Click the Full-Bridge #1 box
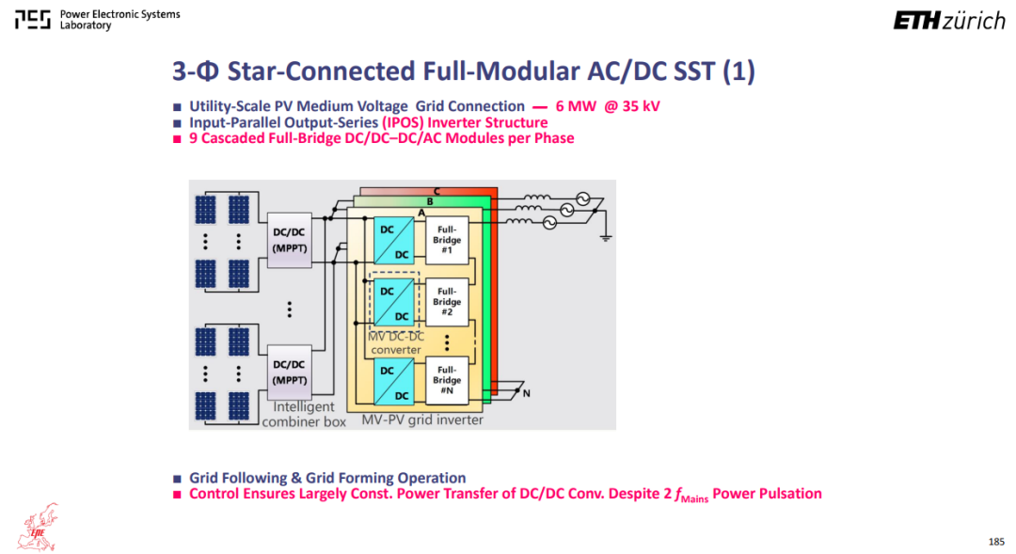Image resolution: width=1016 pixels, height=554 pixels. [447, 240]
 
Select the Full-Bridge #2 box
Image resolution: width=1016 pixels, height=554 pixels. [447, 302]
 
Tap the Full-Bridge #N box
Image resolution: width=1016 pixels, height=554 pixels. [447, 380]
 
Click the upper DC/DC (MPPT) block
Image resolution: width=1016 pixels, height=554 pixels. [289, 240]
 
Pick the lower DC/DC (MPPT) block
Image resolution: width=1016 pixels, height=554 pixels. [289, 372]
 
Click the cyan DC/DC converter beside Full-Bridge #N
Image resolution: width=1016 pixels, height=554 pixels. [394, 382]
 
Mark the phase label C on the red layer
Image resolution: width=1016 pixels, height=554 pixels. [437, 191]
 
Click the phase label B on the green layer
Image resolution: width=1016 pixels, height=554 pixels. [429, 201]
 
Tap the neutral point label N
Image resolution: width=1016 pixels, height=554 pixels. [526, 393]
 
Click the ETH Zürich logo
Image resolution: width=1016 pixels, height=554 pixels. [949, 21]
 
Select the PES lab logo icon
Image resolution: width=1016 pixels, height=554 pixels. [32, 20]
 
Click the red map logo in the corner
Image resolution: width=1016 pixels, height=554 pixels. [39, 527]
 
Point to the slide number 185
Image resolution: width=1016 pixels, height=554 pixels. [996, 542]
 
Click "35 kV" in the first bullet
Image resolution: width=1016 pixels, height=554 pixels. [641, 106]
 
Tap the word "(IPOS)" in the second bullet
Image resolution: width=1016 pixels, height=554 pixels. [403, 122]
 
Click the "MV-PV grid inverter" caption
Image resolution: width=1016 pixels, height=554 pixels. [422, 419]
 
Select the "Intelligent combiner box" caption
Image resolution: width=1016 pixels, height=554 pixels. [304, 414]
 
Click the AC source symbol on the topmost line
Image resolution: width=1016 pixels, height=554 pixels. [582, 198]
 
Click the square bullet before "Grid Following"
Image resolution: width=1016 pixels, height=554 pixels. [177, 479]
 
